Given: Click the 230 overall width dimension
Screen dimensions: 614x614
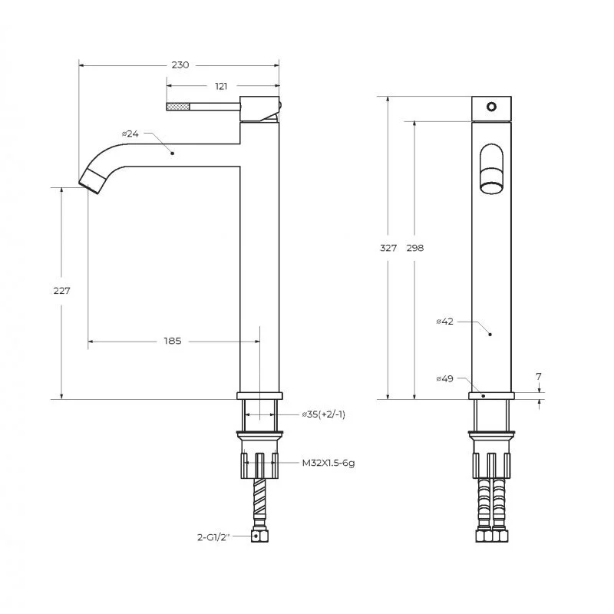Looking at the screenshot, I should point(180,65).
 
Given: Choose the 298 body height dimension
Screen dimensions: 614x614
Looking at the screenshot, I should point(415,248).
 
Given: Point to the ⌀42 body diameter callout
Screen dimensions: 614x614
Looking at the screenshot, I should point(445,322).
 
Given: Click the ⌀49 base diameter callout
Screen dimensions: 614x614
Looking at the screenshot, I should point(445,378).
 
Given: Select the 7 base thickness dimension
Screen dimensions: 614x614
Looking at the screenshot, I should point(539,377).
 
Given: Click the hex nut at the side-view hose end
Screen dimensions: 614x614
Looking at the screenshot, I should point(261,538).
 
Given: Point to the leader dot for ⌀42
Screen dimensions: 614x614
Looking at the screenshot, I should point(490,335).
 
